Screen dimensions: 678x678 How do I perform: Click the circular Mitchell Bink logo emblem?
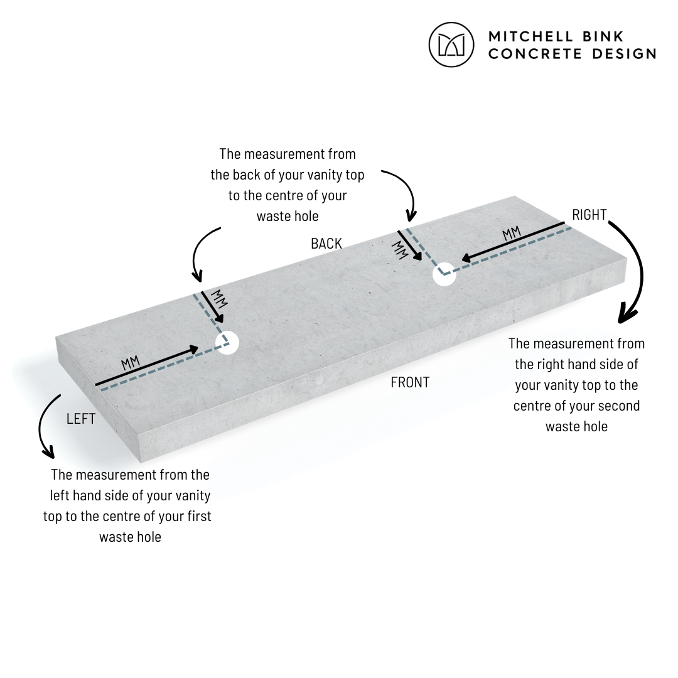coord(451,45)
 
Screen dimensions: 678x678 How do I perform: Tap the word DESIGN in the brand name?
coord(624,53)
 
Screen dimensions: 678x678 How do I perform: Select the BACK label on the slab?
coord(326,244)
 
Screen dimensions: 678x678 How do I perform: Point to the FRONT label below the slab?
coord(410,382)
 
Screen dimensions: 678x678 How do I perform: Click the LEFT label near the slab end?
coord(81,419)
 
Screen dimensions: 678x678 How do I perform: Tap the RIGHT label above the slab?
coord(589,215)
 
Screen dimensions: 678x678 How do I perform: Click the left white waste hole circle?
coord(227,343)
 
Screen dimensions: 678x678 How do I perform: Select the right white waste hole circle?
coord(444,274)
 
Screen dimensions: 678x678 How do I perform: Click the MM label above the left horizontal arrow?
coord(131,362)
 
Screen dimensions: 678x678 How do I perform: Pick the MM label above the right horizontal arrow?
coord(512,234)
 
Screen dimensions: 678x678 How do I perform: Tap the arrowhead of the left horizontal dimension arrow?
coord(193,350)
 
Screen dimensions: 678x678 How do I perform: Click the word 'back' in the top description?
coord(247,175)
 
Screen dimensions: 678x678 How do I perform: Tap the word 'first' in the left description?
coord(200,516)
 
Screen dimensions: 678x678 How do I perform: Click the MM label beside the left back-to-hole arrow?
coord(219,299)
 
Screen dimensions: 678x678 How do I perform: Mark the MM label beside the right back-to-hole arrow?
coord(399,250)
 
